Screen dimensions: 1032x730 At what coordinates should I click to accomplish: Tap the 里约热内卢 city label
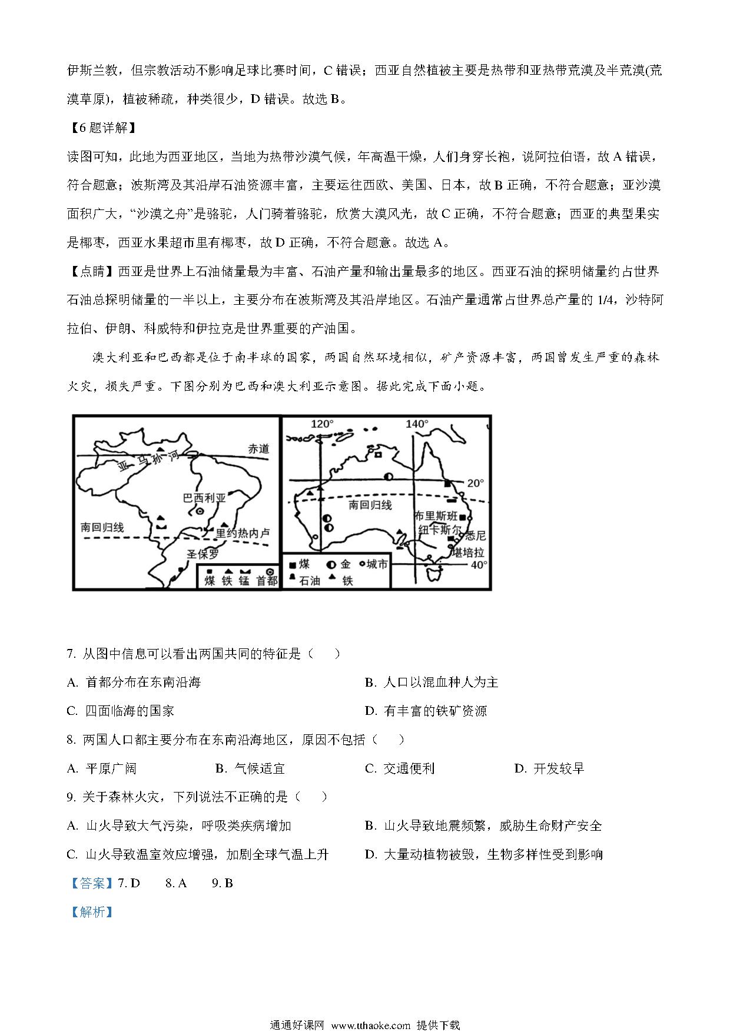(x=243, y=533)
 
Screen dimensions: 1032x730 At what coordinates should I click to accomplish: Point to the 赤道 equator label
(x=258, y=448)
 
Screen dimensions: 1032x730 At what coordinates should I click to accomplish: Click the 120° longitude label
(x=321, y=424)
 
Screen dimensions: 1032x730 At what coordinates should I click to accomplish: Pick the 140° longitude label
(x=417, y=424)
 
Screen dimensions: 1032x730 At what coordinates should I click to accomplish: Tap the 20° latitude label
(x=475, y=483)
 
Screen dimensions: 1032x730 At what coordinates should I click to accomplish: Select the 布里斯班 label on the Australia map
(x=436, y=516)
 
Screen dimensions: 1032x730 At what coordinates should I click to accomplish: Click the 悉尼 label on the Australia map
(x=475, y=535)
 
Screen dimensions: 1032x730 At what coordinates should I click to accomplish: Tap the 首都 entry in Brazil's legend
(x=267, y=581)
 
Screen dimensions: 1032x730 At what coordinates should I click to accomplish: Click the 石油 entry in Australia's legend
(x=309, y=581)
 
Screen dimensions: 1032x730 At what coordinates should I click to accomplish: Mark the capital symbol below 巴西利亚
(x=200, y=512)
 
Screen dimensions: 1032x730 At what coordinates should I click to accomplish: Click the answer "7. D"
(x=129, y=883)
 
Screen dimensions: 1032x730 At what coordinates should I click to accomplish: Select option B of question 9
(x=483, y=825)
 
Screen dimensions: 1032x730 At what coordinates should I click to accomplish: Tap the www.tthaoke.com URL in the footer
(x=371, y=1025)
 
